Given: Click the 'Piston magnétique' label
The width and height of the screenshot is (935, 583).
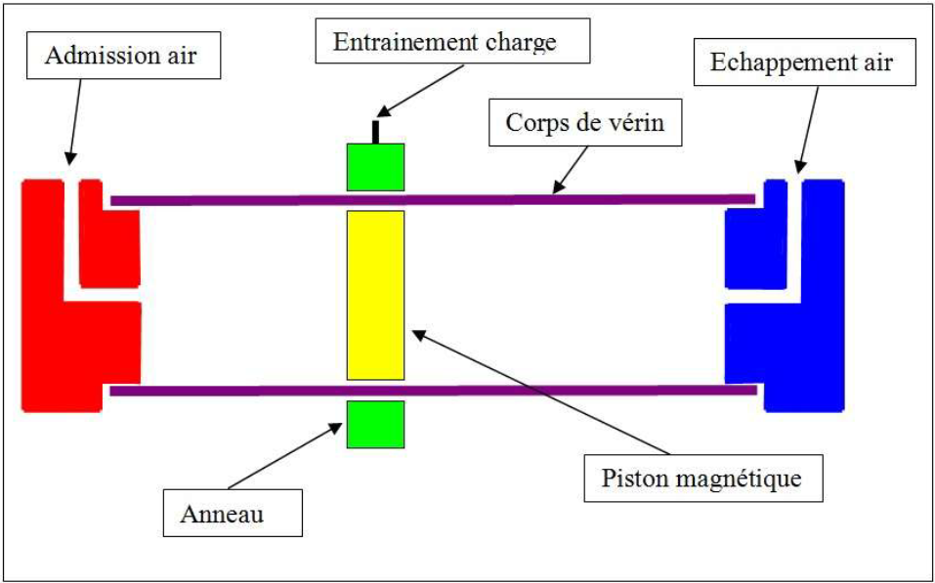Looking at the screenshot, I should pyautogui.click(x=701, y=479).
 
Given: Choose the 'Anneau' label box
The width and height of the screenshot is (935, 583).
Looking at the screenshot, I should pyautogui.click(x=232, y=513).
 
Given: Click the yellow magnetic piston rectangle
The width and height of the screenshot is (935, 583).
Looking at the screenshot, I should pyautogui.click(x=375, y=295).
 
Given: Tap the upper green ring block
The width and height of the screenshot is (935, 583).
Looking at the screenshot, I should pyautogui.click(x=375, y=166).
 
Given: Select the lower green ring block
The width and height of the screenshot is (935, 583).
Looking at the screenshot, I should pyautogui.click(x=375, y=423).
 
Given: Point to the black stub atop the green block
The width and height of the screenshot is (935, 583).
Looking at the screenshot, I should pyautogui.click(x=374, y=133).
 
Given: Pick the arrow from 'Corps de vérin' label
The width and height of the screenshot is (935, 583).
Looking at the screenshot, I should pyautogui.click(x=573, y=167).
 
